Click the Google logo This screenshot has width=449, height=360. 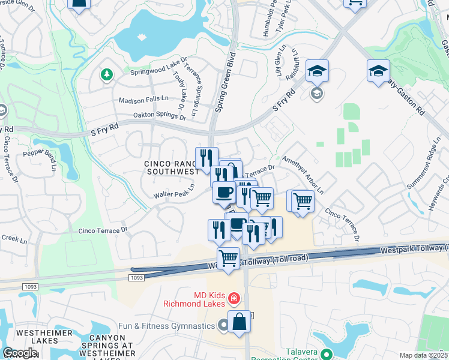(20, 353)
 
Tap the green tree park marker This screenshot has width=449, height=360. (107, 74)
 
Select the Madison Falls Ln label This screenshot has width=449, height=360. (143, 100)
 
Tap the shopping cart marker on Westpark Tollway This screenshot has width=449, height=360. (228, 259)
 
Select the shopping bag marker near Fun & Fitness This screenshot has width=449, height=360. (239, 322)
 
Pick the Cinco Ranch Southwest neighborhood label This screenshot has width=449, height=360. (171, 167)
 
